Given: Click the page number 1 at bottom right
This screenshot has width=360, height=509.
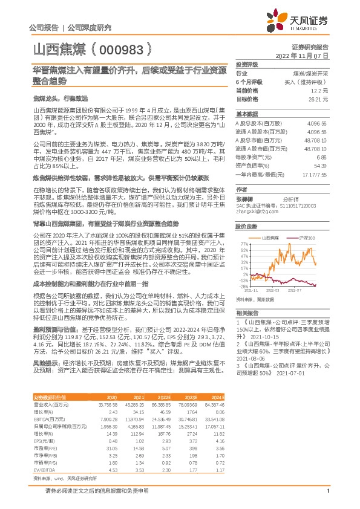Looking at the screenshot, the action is point(327,499).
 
